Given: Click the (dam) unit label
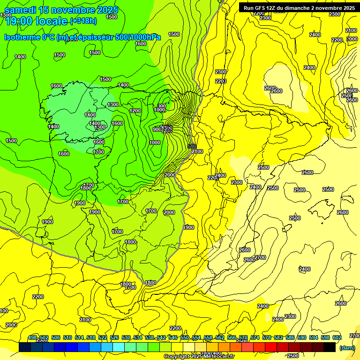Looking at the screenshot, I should (x=346, y=347).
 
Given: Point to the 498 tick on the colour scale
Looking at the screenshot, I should (x=32, y=337).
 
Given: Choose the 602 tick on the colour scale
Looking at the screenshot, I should (x=337, y=337).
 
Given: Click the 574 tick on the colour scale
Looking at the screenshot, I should (x=255, y=337).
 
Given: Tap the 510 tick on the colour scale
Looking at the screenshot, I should (x=67, y=337).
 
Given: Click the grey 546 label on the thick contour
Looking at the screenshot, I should (x=191, y=146).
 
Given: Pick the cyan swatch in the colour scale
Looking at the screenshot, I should (x=119, y=347).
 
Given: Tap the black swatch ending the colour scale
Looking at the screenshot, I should (x=330, y=347).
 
